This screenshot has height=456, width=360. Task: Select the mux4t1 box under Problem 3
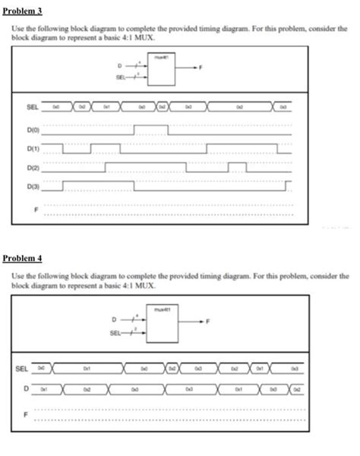[x=160, y=69]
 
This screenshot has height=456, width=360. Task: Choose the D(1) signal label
[x=33, y=148]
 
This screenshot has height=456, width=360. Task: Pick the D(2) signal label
[x=33, y=167]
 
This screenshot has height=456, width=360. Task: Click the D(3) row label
[x=33, y=186]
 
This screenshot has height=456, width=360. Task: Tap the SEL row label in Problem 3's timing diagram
[x=33, y=109]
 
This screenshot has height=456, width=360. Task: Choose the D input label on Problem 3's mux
[x=118, y=66]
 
